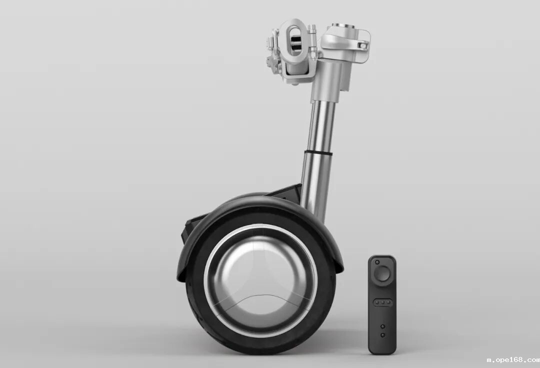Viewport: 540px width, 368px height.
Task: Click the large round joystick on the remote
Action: pos(382,273)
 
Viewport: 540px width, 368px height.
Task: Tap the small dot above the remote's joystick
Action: pos(377,262)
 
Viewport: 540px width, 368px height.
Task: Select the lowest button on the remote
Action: pos(382,335)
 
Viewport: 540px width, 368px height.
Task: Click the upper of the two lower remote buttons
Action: pos(382,326)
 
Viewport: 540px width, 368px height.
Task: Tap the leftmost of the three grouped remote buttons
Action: pos(377,302)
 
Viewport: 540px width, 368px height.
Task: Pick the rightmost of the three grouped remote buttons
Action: pos(388,302)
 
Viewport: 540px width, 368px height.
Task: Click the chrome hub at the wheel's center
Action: pos(260,280)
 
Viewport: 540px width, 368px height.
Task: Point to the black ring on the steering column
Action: pos(318,152)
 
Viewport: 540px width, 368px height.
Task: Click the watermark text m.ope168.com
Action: pos(513,360)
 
